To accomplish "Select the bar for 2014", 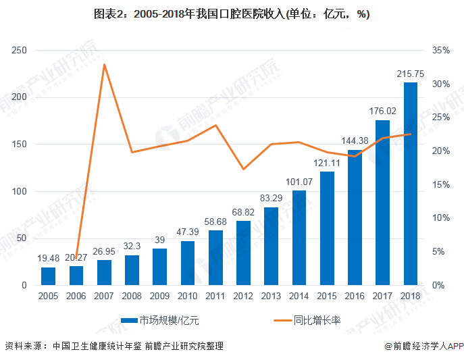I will [299, 238].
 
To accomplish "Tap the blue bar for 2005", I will [48, 276].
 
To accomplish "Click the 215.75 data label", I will [410, 74].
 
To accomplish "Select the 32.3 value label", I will [132, 247].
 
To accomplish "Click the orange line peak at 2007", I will [104, 64].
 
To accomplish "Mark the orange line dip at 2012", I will [243, 169].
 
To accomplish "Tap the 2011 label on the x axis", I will [215, 297].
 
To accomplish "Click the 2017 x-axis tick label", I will [382, 297].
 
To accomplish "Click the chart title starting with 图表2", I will [232, 14].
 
